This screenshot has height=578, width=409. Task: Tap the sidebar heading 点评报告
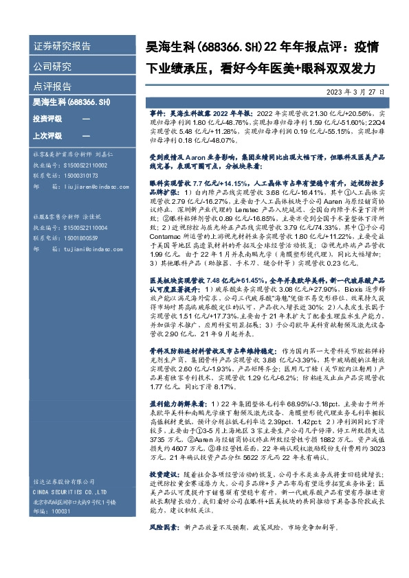click(x=52, y=87)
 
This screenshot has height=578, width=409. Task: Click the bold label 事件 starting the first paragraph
click(x=157, y=111)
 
